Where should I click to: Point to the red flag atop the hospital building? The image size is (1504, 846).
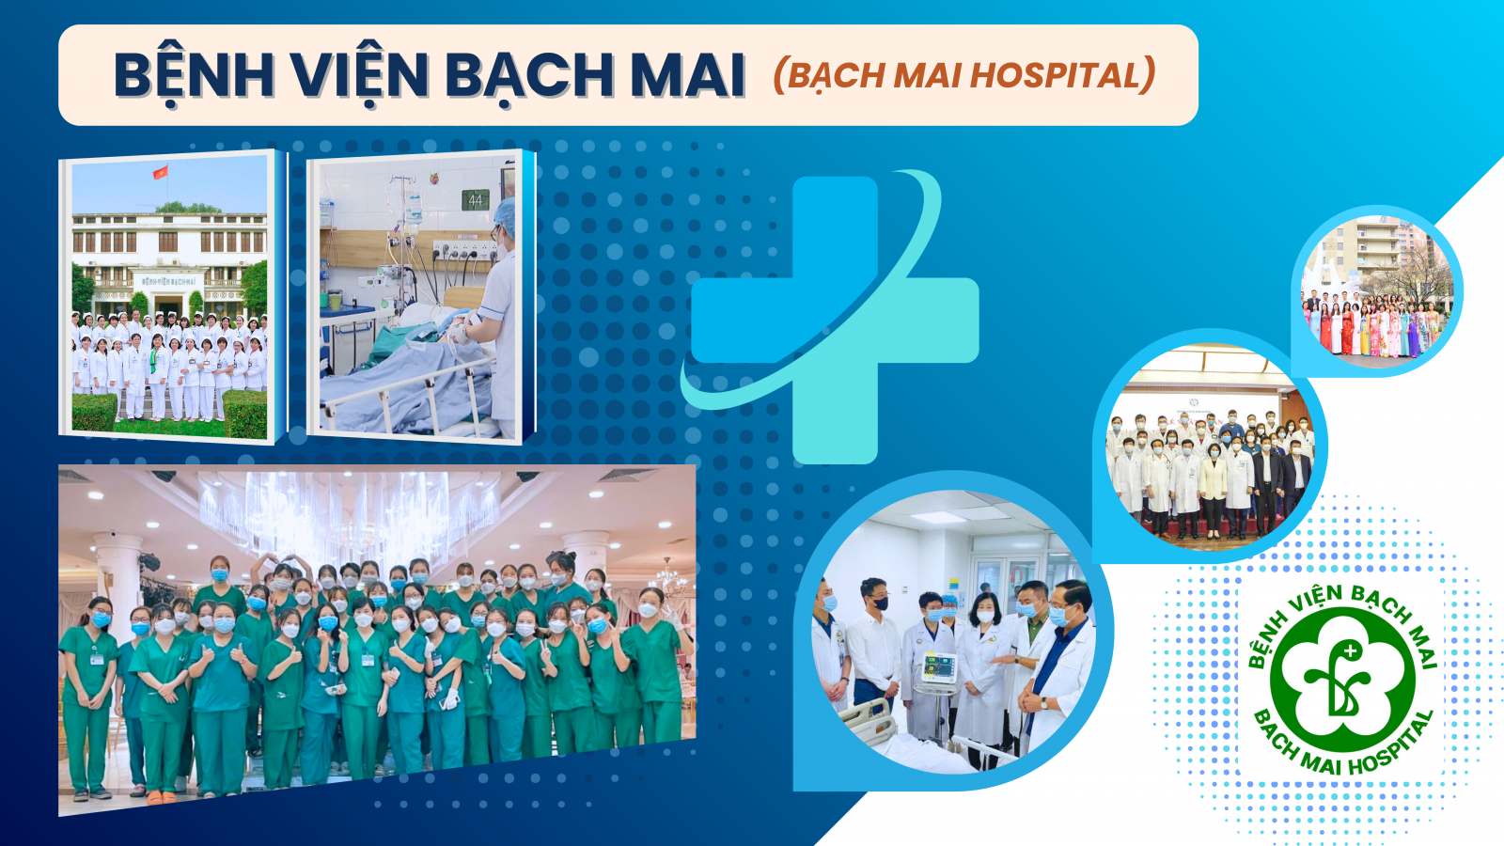[161, 172]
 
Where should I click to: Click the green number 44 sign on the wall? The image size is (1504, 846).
[476, 199]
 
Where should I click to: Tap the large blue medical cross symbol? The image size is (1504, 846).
[835, 321]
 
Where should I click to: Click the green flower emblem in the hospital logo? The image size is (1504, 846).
[1343, 681]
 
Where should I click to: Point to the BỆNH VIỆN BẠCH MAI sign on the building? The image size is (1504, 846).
[169, 282]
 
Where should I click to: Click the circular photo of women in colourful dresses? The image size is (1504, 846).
[1376, 290]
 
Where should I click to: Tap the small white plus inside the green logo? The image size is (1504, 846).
[1351, 650]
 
